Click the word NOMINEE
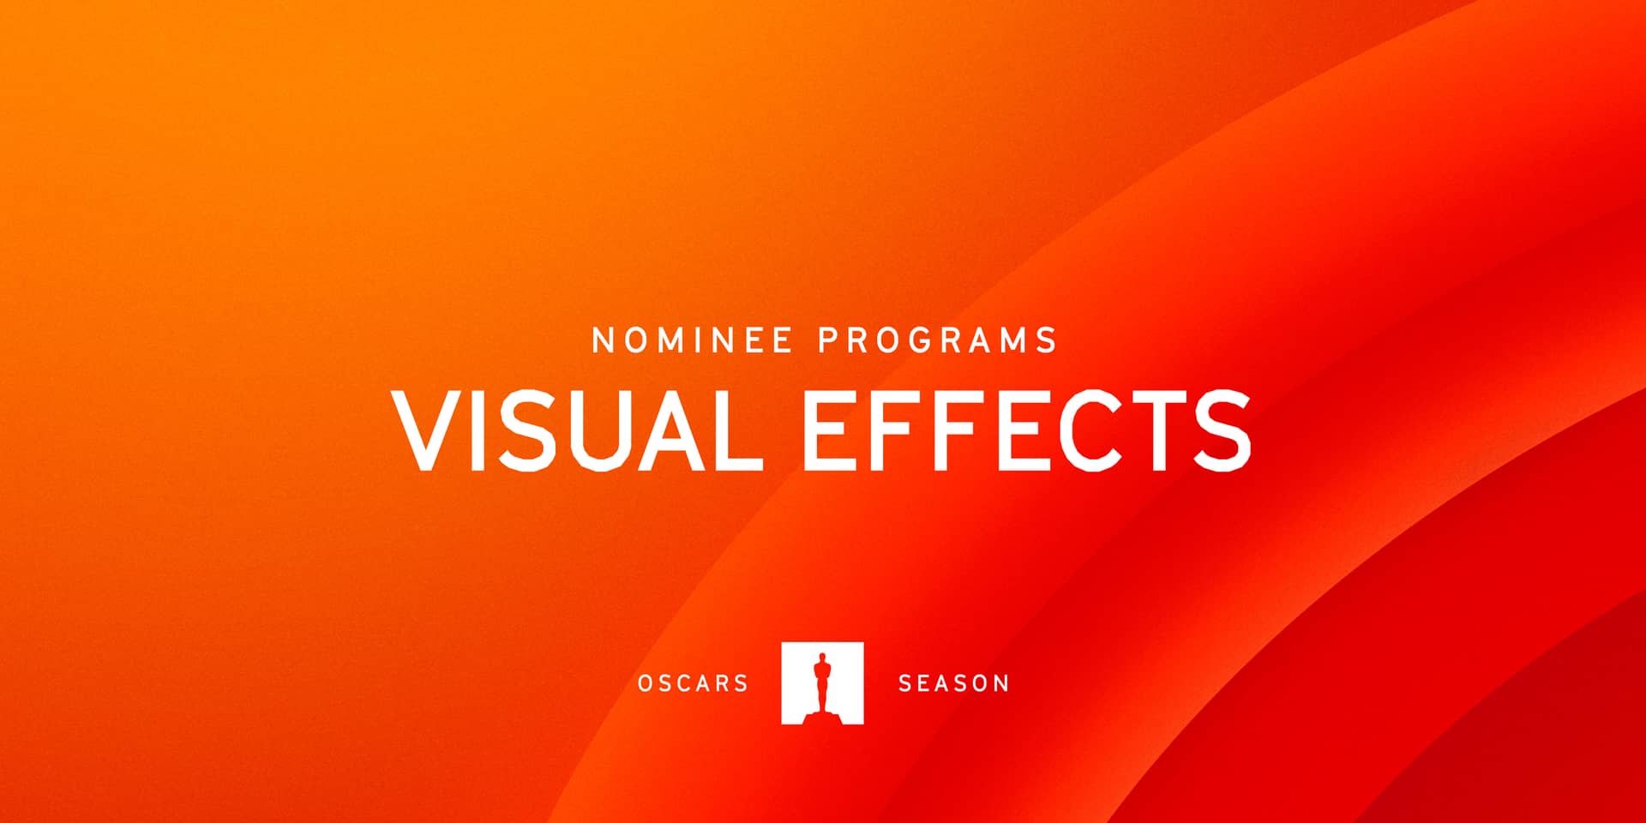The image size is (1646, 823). tap(693, 340)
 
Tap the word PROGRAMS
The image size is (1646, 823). tap(938, 340)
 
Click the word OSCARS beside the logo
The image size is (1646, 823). tap(693, 683)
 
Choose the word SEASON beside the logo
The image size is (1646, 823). tap(953, 683)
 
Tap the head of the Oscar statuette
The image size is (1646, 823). tap(822, 658)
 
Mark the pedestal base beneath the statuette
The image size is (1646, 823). tap(822, 715)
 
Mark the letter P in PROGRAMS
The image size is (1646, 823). tap(827, 340)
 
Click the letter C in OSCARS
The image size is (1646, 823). tap(693, 683)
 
